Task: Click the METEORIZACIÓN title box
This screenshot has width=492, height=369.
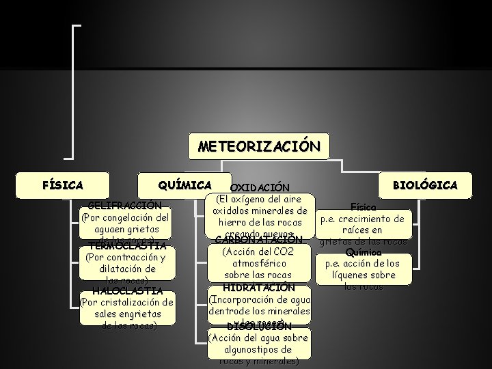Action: (258, 146)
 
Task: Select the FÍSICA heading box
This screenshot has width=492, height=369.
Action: (63, 185)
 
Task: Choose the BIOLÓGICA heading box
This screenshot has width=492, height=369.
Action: (424, 185)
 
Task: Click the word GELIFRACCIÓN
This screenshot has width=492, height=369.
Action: (125, 205)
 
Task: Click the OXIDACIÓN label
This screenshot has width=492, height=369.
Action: (260, 188)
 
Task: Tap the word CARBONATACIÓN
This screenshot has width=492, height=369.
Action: (258, 240)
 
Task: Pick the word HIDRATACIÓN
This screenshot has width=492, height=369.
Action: (258, 287)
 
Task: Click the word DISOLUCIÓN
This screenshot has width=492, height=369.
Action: (259, 326)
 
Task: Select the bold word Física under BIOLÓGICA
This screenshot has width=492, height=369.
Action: (362, 206)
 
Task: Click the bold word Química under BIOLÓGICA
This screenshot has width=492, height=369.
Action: (364, 251)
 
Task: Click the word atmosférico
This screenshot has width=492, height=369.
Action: (258, 263)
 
